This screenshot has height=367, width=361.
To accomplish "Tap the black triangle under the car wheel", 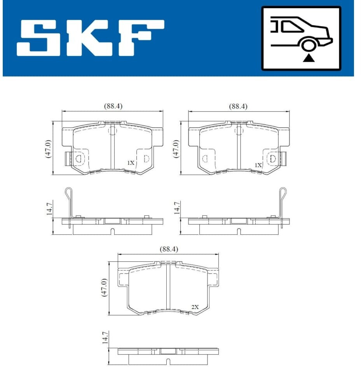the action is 309,58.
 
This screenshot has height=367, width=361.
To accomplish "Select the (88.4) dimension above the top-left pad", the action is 113,106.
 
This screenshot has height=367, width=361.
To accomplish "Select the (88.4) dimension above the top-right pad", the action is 238,107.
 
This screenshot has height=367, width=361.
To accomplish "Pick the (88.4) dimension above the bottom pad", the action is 169,249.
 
